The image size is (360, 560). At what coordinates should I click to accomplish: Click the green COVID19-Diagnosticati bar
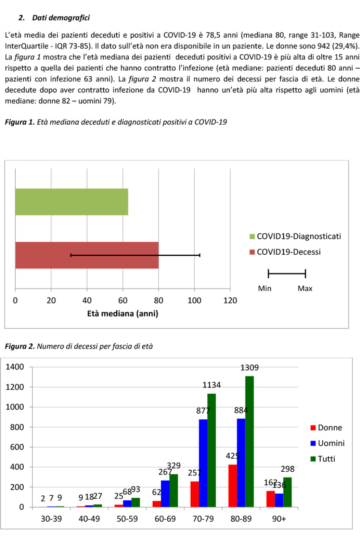pos(72,202)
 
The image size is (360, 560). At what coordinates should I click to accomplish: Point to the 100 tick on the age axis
pos(194,301)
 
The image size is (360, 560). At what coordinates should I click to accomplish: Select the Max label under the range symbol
pos(305,289)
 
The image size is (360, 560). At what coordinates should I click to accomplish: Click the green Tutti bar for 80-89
pos(250,441)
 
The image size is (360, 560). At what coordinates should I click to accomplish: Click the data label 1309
pos(249,368)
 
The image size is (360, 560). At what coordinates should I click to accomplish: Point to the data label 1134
pos(212,385)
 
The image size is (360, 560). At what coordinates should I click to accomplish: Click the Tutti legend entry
pos(326,459)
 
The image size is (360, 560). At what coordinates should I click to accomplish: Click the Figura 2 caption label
pos(19,347)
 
